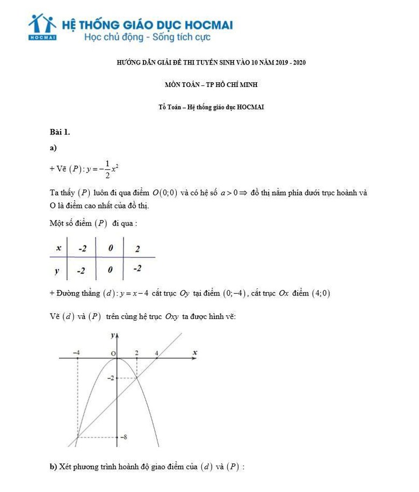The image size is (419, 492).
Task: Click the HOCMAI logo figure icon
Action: coord(42,25)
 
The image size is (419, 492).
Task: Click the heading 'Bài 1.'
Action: coord(60,132)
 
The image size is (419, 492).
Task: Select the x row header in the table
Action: coord(58,248)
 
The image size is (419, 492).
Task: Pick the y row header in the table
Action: coord(57,271)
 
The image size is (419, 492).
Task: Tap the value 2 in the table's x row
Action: coord(138,249)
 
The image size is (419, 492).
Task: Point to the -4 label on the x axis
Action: coord(77,353)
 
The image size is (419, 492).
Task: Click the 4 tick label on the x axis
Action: coord(157,353)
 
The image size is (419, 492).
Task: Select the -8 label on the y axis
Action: coord(124,437)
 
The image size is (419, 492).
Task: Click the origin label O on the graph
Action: coord(113,353)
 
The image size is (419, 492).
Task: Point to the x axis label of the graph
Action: coord(195,352)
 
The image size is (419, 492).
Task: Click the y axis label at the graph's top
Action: coord(113,335)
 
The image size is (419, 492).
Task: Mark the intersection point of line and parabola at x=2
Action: coord(137,378)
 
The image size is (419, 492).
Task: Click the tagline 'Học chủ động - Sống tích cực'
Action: coord(147,38)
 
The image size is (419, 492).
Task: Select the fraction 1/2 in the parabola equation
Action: coord(107,169)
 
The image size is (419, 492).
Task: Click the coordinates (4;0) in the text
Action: coord(321,293)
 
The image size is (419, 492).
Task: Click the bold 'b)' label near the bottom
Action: coord(53,467)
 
